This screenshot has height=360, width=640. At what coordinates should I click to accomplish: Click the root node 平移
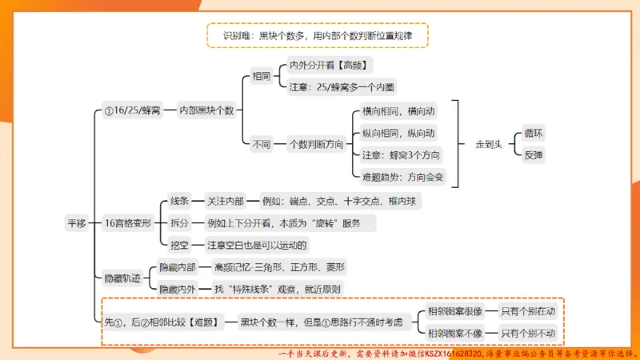pos(76,223)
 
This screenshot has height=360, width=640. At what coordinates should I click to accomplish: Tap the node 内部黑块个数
pos(206,110)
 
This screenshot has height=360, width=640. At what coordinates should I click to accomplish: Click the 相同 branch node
pos(261,77)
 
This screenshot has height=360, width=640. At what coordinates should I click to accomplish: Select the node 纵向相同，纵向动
pos(398,133)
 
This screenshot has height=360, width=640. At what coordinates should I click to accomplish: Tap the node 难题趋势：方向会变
pos(403,176)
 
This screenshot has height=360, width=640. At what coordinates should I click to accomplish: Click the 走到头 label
pos(488,144)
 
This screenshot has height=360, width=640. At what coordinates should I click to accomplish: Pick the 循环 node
pos(533,133)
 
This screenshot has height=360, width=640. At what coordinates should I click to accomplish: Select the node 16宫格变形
pos(128,223)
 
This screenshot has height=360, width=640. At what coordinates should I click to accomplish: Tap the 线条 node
pos(179,202)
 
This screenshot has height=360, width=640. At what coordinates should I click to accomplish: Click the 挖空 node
pos(179,245)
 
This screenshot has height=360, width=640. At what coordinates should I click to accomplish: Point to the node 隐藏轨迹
pos(122,278)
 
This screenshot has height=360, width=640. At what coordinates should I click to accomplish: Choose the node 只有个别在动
pos(527,311)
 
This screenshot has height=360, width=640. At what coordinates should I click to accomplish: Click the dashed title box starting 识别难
pos(317,35)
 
